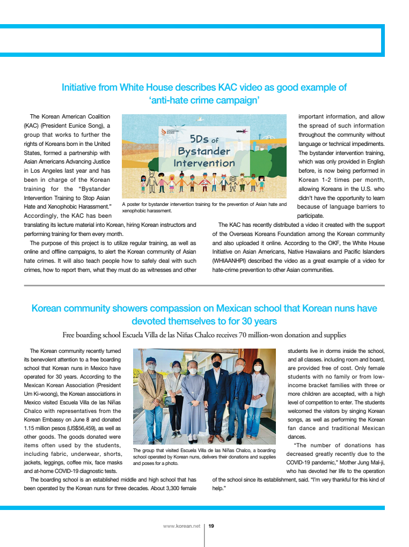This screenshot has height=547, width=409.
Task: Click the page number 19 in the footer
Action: coord(211,526)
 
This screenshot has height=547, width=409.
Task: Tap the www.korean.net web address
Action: coord(181,526)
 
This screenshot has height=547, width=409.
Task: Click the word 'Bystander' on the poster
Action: coord(204,151)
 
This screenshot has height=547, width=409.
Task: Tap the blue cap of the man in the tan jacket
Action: coord(151,360)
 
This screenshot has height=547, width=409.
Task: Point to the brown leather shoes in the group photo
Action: coord(217,438)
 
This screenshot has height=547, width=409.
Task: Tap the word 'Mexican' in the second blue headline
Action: coord(237,308)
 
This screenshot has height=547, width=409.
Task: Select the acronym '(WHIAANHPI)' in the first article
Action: coord(231,261)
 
